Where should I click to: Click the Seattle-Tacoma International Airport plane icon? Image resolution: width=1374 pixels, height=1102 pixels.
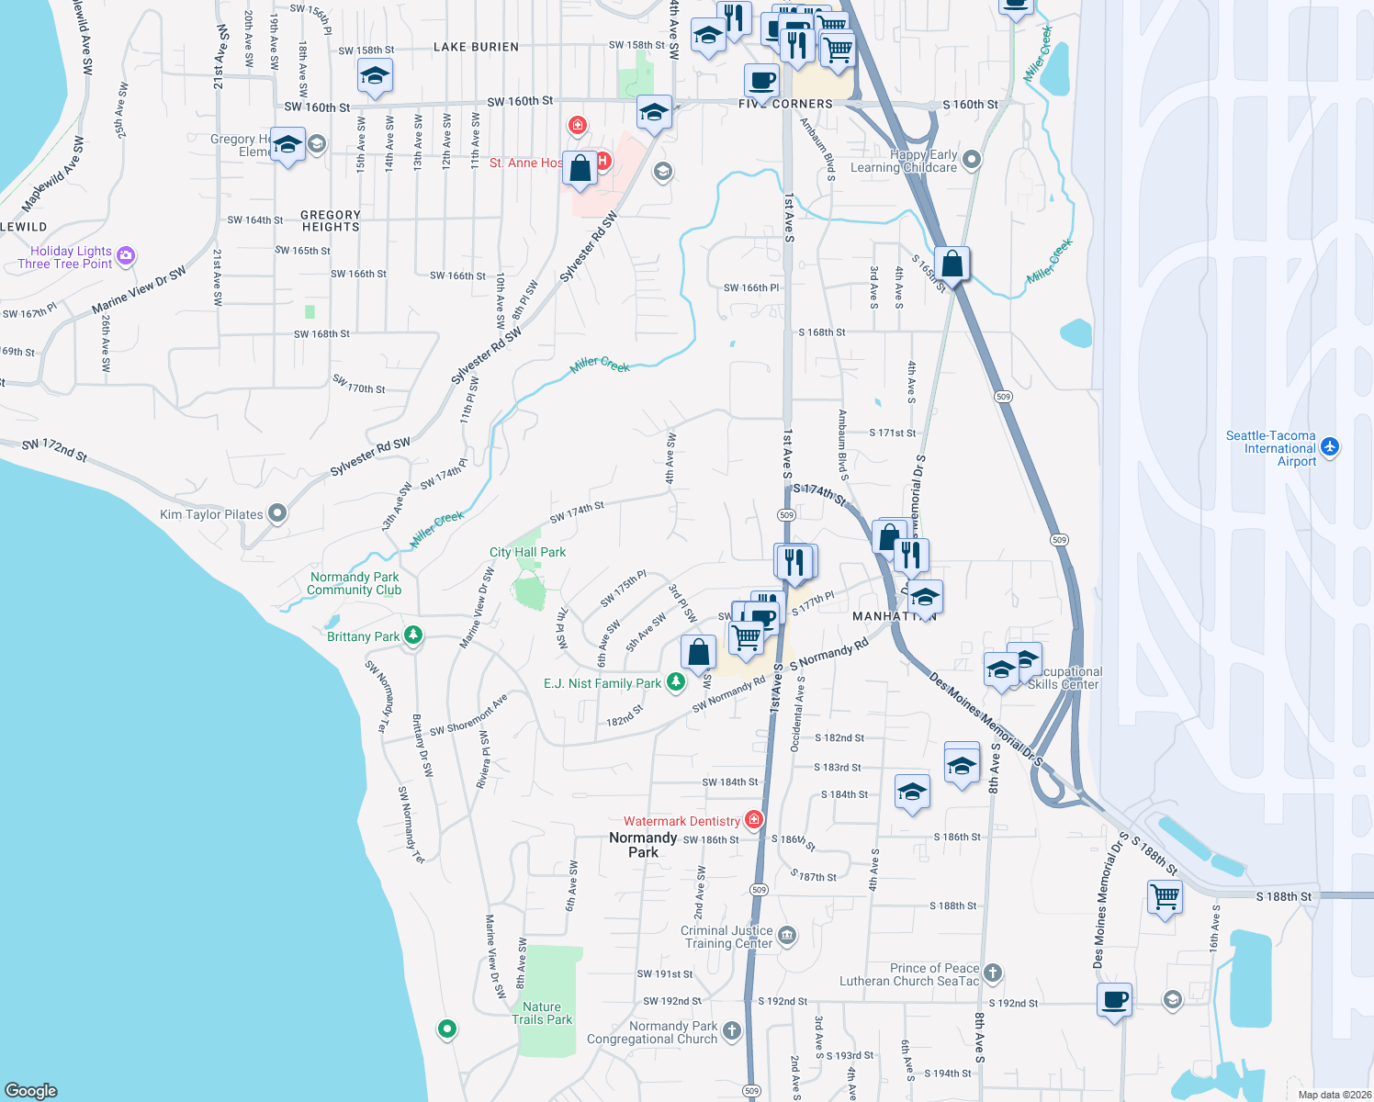pos(1330,447)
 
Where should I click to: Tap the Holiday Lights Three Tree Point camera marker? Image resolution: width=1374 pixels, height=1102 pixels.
pos(126,256)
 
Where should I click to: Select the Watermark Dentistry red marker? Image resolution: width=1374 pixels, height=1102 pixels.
pos(754,820)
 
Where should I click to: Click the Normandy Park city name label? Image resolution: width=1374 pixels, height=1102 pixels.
pos(643,844)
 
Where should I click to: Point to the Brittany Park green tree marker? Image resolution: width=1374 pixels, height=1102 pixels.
pos(413,635)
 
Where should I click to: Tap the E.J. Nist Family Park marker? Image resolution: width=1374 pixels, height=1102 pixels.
pos(676,682)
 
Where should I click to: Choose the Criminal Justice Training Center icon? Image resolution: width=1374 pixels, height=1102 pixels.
pos(787,936)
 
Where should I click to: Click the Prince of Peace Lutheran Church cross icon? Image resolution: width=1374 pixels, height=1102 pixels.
pos(992,973)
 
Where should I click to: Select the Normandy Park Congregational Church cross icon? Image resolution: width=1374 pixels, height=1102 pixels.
pos(731,1031)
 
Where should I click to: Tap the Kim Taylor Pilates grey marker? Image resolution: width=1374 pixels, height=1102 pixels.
pos(277,514)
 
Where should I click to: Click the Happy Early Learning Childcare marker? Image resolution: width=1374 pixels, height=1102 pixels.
pos(972,160)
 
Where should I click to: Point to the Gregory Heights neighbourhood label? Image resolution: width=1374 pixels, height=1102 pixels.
pos(331,220)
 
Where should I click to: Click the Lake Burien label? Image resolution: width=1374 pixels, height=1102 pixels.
pos(476,47)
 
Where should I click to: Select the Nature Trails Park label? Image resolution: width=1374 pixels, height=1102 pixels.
pos(542,1013)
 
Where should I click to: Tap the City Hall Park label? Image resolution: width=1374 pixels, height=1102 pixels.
pos(527,552)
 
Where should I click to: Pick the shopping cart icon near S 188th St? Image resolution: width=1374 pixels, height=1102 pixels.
pos(1165,895)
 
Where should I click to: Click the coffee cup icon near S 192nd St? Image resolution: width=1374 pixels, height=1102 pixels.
pos(1114,999)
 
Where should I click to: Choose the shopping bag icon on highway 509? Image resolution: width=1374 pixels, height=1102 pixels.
pos(952,264)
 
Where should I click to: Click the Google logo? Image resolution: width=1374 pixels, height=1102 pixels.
pos(31,1090)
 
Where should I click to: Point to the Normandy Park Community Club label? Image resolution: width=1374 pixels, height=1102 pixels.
pos(355,583)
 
